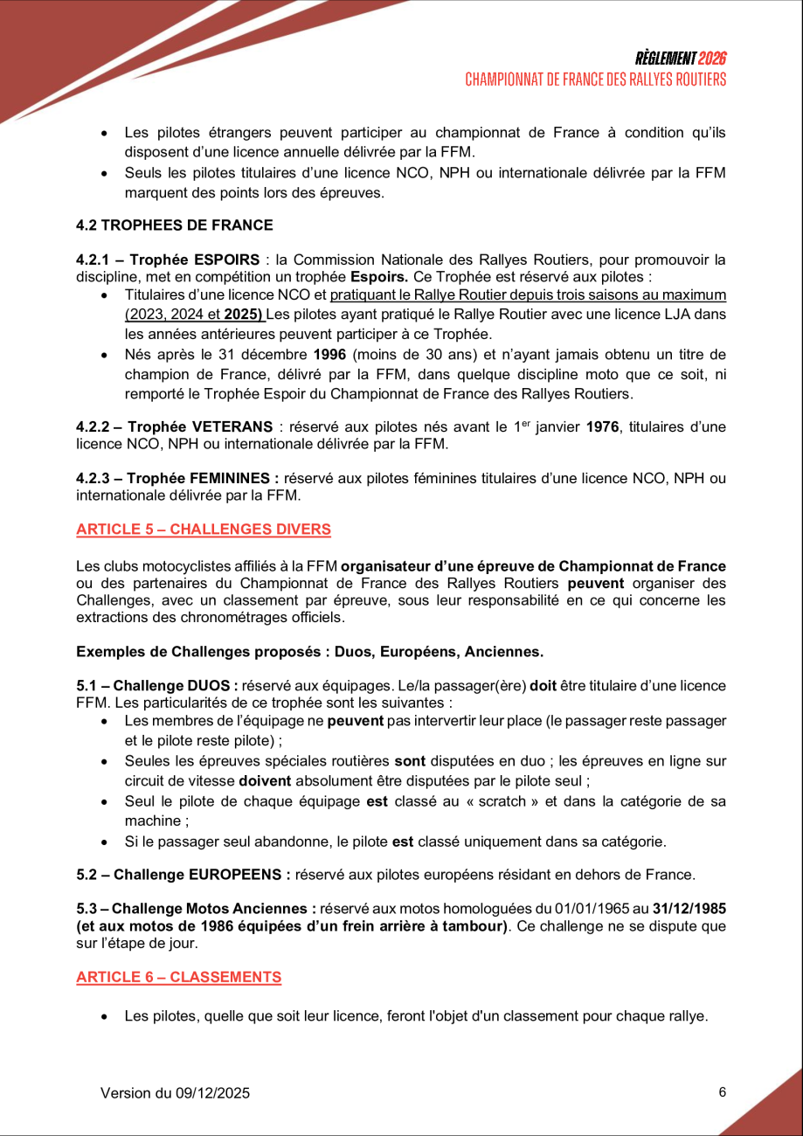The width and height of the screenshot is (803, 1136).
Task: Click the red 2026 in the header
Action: pos(712,59)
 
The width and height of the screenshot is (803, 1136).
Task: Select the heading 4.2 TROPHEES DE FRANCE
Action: pos(175,225)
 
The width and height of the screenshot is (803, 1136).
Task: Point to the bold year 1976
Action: pos(602,426)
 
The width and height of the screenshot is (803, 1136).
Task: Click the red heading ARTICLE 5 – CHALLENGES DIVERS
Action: pos(204,529)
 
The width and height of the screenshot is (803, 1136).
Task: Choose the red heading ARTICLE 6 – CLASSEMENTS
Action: pos(178,976)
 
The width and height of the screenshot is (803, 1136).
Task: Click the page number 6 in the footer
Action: pos(722,1091)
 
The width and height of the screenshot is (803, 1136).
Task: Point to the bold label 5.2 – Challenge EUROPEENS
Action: pos(183,875)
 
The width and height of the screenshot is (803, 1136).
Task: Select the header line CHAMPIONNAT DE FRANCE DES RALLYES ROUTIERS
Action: pos(595,80)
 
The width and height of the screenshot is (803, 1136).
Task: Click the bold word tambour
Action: pos(475,925)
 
